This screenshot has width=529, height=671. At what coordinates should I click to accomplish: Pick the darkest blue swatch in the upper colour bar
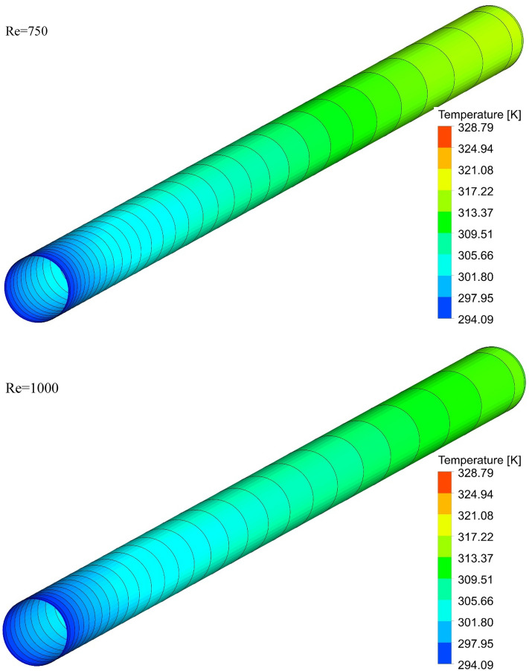point(444,308)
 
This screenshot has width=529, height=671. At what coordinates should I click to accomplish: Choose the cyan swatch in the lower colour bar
point(444,612)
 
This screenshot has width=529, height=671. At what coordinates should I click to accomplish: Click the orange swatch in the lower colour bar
point(444,505)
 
